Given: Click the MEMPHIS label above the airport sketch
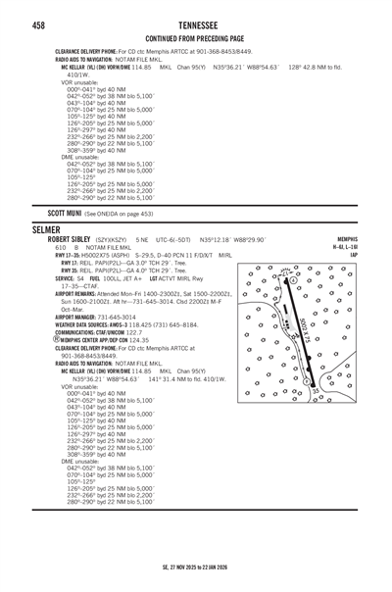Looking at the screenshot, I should click(372, 238).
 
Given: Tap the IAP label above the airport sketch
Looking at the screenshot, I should click(380, 251).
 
